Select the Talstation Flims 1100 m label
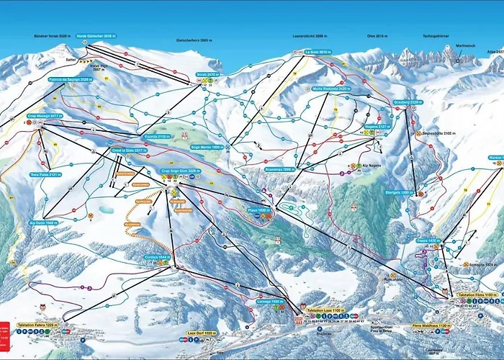[x=471, y=296]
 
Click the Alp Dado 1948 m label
[x=43, y=222]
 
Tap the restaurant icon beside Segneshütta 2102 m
[x=418, y=133]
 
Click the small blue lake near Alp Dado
[x=107, y=209]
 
